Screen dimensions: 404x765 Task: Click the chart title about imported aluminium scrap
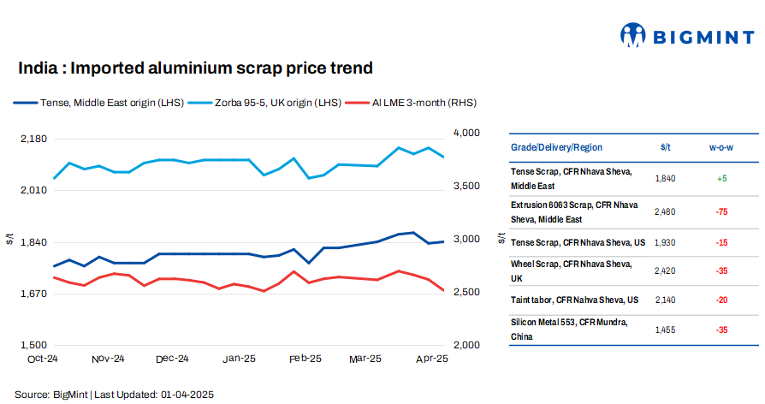point(196,68)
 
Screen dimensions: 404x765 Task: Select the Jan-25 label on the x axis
point(240,359)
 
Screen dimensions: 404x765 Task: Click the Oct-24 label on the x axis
point(42,359)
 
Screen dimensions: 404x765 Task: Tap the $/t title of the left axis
point(9,240)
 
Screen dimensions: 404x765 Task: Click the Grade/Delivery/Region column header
point(556,147)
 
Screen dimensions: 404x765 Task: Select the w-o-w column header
point(721,147)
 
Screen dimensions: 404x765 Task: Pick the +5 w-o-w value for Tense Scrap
point(721,178)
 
